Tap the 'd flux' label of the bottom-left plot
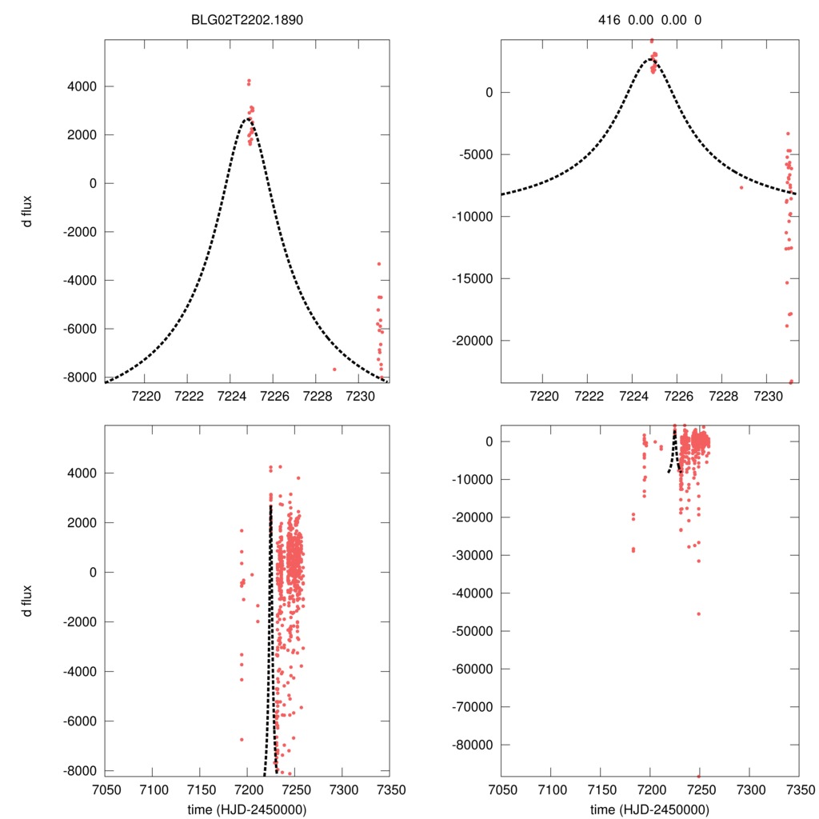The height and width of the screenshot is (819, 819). [28, 601]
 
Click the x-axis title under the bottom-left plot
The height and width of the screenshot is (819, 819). [247, 809]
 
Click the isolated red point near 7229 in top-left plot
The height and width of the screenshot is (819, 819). [334, 369]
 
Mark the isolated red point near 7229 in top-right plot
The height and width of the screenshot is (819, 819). [741, 187]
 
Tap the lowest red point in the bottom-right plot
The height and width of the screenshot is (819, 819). [698, 776]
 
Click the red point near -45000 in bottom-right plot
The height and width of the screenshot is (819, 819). [698, 613]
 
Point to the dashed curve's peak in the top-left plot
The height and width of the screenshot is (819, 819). [246, 118]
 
